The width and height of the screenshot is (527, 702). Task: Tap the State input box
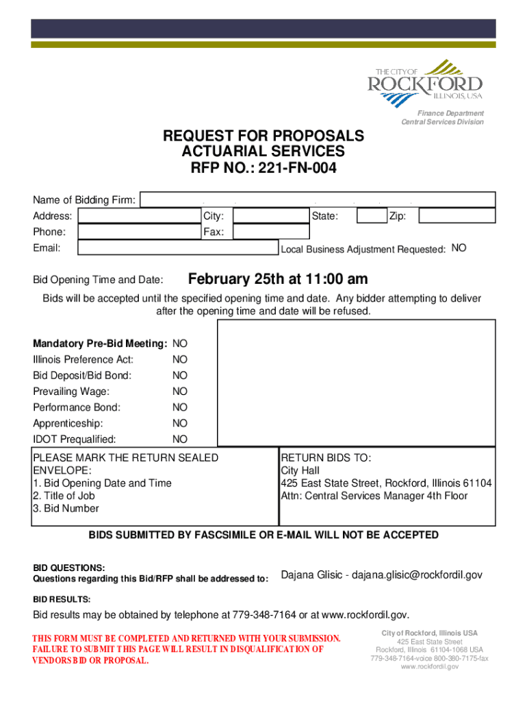(371, 216)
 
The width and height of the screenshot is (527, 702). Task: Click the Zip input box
(457, 216)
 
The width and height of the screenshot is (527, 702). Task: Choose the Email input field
(178, 248)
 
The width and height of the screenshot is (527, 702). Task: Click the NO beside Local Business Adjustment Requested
(459, 248)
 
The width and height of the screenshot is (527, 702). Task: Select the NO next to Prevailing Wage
(180, 391)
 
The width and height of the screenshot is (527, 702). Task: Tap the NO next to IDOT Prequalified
(180, 439)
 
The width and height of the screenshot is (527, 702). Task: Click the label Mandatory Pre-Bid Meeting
(100, 343)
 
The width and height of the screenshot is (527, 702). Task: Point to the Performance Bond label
(77, 407)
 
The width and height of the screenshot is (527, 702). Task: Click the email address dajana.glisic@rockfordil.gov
(417, 575)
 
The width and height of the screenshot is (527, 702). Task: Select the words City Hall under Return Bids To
(300, 471)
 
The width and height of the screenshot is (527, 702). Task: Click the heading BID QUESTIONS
(69, 568)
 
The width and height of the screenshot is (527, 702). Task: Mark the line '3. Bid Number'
(66, 509)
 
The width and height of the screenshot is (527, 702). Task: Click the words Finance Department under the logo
(452, 113)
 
